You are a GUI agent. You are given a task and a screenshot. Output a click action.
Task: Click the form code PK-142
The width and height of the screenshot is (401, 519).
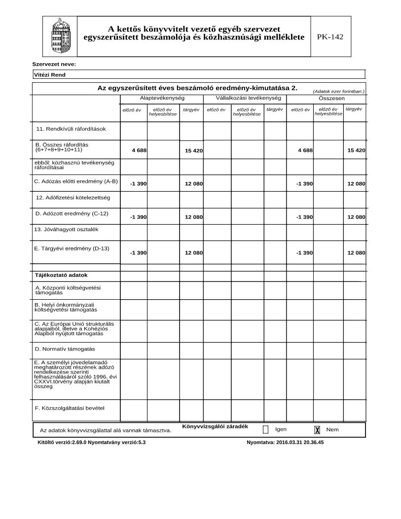coord(330,36)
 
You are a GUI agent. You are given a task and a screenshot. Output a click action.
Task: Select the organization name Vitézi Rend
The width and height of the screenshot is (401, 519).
coord(50,75)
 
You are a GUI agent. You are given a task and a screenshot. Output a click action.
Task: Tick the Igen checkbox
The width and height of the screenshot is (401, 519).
coord(266,429)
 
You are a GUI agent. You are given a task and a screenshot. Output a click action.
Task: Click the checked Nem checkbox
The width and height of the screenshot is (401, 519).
coord(317,430)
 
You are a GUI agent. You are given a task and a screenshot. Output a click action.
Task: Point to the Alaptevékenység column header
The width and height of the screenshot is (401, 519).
coord(159,99)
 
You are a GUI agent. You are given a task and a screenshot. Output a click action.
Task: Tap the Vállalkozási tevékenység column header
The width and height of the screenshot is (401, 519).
coord(245,99)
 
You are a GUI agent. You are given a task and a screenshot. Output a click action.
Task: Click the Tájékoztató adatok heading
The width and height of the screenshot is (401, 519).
coord(61,275)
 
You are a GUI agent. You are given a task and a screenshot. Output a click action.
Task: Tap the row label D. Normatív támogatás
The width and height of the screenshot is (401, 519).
coord(65,348)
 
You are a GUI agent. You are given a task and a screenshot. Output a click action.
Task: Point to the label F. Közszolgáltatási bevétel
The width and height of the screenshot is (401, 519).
coord(70,408)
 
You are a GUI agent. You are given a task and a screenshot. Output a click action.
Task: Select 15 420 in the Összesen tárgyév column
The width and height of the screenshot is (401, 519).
coord(356,150)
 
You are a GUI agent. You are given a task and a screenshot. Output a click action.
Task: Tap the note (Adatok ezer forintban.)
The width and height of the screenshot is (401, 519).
coord(338,91)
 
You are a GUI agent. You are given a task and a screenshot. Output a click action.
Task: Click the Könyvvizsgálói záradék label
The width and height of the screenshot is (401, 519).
coord(215,426)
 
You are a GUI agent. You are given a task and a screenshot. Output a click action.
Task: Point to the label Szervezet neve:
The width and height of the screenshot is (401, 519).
coord(54,64)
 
